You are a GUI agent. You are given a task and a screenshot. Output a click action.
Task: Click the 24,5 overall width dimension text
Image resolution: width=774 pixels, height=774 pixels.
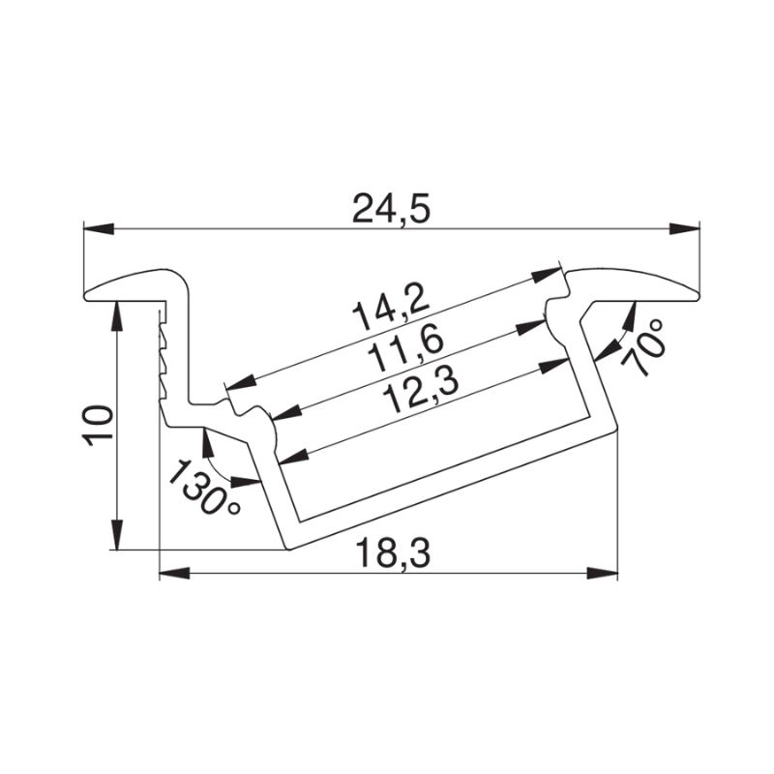(392, 209)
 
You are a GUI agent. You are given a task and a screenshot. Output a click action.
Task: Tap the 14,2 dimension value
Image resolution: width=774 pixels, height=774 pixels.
(390, 309)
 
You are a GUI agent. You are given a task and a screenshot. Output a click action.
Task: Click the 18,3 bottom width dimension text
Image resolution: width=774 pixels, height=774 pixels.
(393, 553)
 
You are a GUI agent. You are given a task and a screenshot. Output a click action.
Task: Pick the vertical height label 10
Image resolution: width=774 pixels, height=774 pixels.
(99, 426)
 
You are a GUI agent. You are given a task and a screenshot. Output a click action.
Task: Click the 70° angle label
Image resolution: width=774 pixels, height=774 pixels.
(641, 348)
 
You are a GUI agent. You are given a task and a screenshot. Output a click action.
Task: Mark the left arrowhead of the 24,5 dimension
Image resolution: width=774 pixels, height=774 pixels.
(99, 229)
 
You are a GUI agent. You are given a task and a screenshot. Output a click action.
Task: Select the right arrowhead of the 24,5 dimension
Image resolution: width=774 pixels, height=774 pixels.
(684, 229)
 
